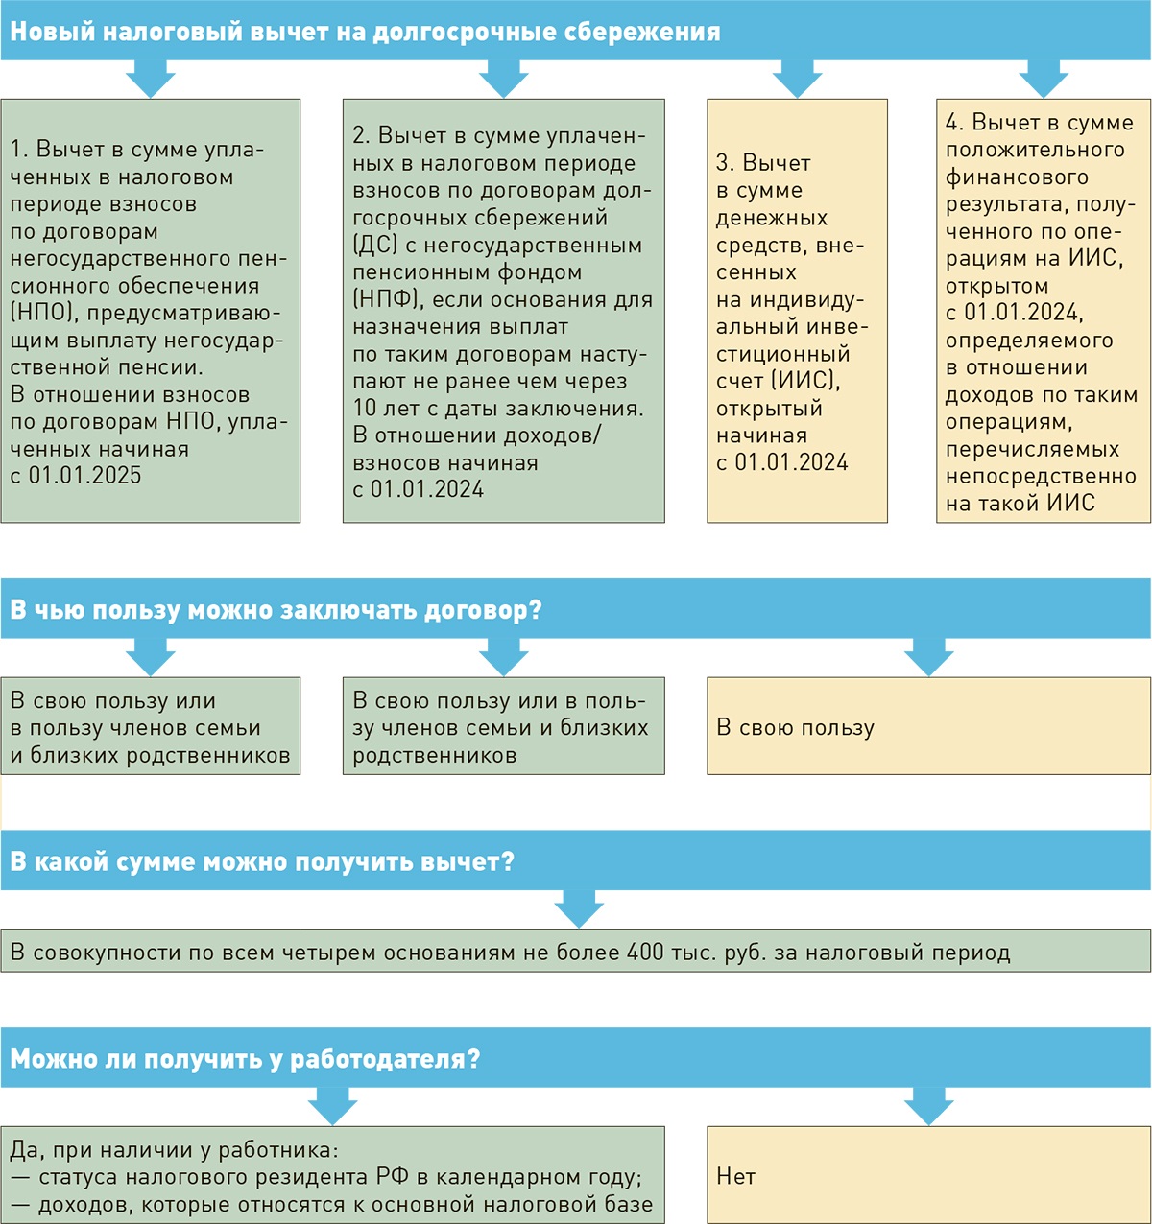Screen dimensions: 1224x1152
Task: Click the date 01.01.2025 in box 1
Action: tap(84, 476)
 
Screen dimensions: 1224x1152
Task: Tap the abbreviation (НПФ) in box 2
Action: tap(386, 299)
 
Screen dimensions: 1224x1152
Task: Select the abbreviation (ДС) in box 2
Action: tap(374, 245)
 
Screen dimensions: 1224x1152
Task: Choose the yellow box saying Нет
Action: tap(928, 1176)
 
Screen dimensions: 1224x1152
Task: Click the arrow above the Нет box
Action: tap(928, 1106)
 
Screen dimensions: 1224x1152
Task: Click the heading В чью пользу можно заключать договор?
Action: tap(276, 610)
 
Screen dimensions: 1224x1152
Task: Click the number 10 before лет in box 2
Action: tap(365, 408)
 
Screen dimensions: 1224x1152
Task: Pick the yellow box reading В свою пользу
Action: tap(928, 727)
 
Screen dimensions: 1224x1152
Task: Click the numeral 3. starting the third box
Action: tap(726, 163)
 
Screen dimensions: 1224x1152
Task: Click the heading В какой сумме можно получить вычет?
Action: tap(262, 861)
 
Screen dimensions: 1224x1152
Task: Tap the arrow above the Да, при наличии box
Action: tap(333, 1106)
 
